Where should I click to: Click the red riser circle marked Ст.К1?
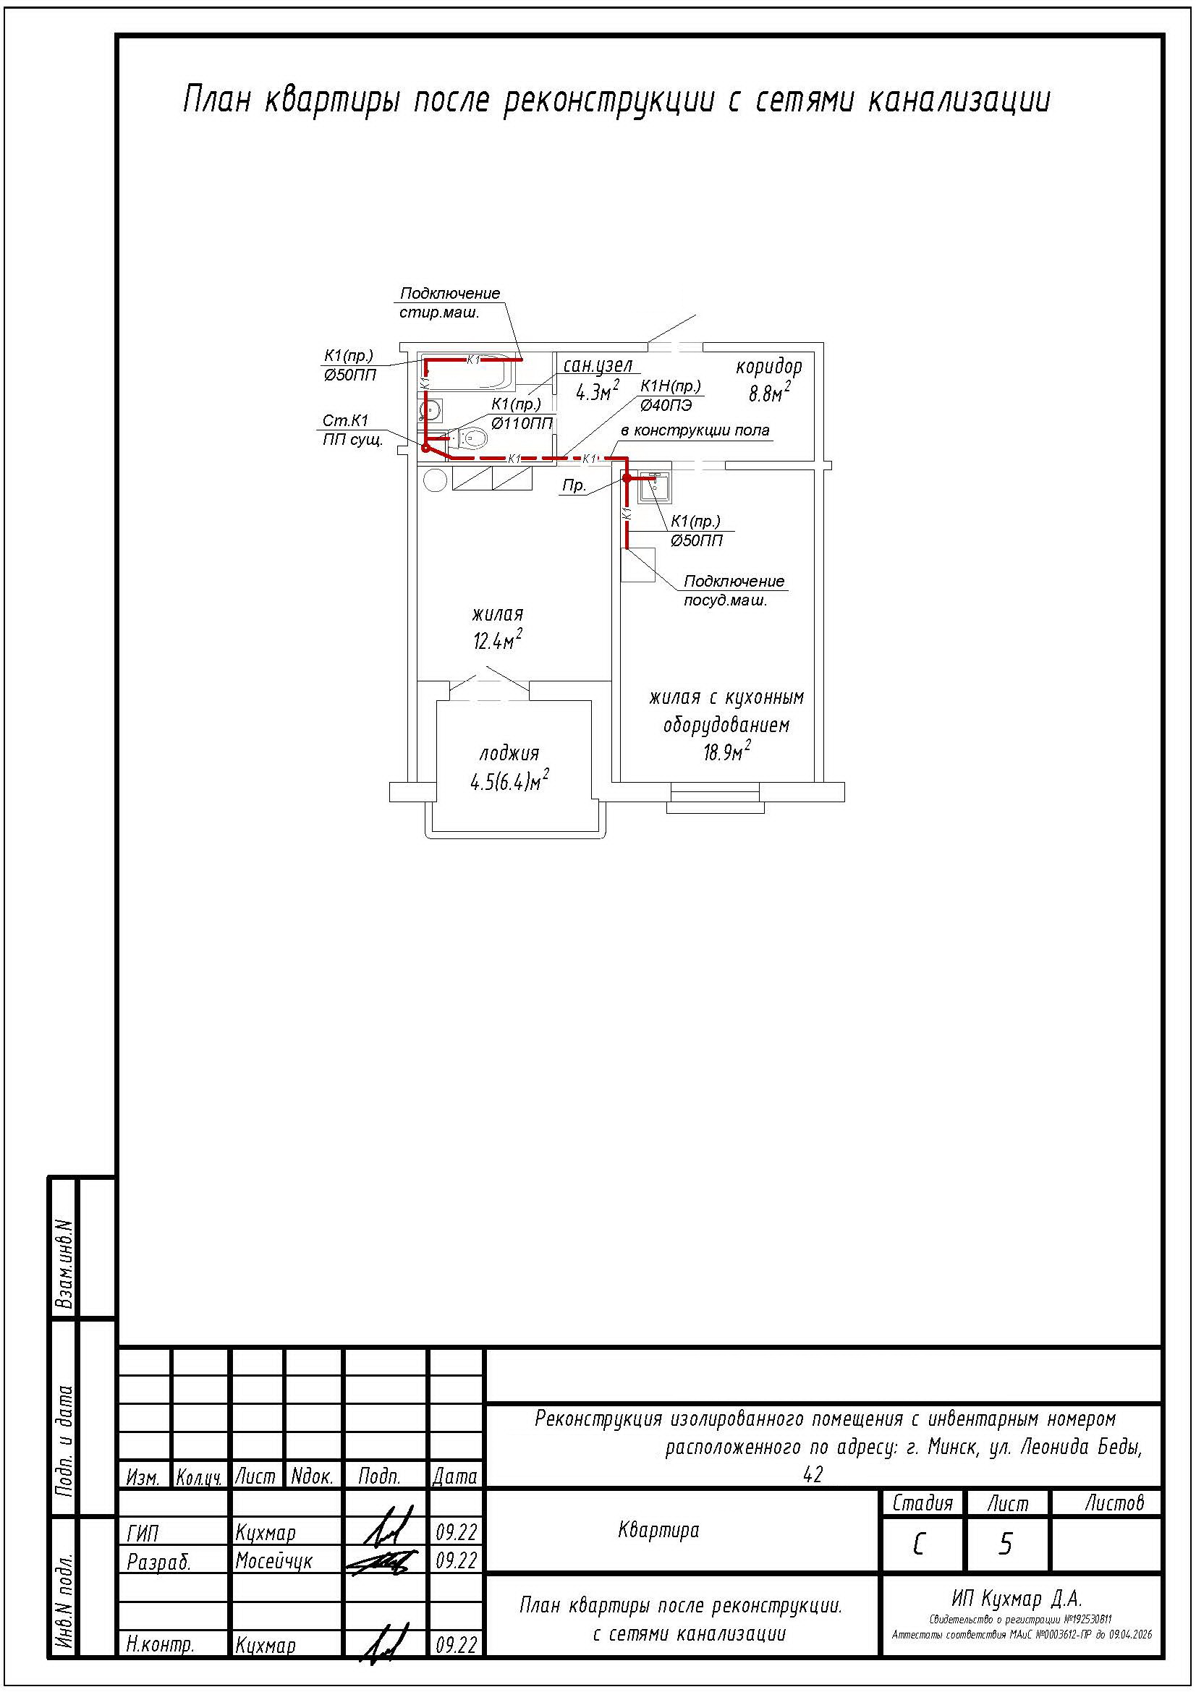[x=425, y=447]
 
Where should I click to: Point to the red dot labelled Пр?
[x=627, y=477]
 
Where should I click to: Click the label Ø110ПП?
[x=522, y=423]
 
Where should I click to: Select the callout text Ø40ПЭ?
[x=666, y=404]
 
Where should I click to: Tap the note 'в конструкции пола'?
[x=695, y=430]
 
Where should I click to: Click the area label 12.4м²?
[x=498, y=639]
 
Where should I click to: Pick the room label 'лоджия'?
[x=509, y=753]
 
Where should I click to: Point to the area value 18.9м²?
[x=726, y=752]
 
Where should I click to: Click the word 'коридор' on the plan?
[x=768, y=367]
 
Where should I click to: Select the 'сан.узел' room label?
[x=598, y=366]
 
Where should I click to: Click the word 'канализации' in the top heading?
[x=958, y=100]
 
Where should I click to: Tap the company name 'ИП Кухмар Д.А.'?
[x=1017, y=1599]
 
